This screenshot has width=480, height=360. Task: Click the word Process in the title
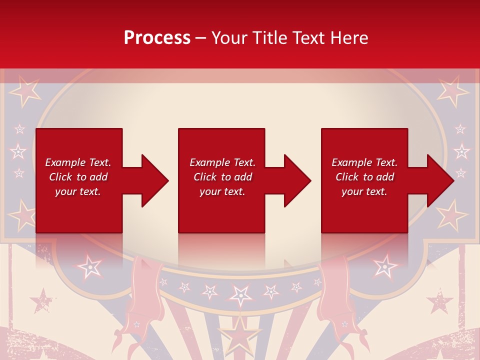pyautogui.click(x=157, y=38)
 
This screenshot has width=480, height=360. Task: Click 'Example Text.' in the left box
pyautogui.click(x=78, y=162)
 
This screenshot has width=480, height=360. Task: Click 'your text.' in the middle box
pyautogui.click(x=222, y=191)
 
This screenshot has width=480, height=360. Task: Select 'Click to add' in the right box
pyautogui.click(x=364, y=177)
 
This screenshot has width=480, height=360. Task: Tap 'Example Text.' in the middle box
pyautogui.click(x=222, y=162)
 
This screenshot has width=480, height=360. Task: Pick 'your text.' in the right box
pyautogui.click(x=364, y=191)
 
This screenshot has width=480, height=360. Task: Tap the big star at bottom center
pyautogui.click(x=240, y=337)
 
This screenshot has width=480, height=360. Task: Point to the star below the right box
pyautogui.click(x=385, y=265)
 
